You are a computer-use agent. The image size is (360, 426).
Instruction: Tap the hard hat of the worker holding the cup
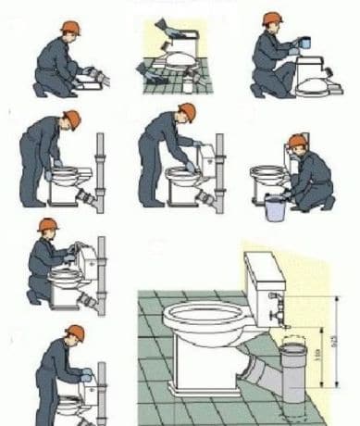(271, 19)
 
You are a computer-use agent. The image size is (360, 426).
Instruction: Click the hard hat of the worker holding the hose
(48, 226)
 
